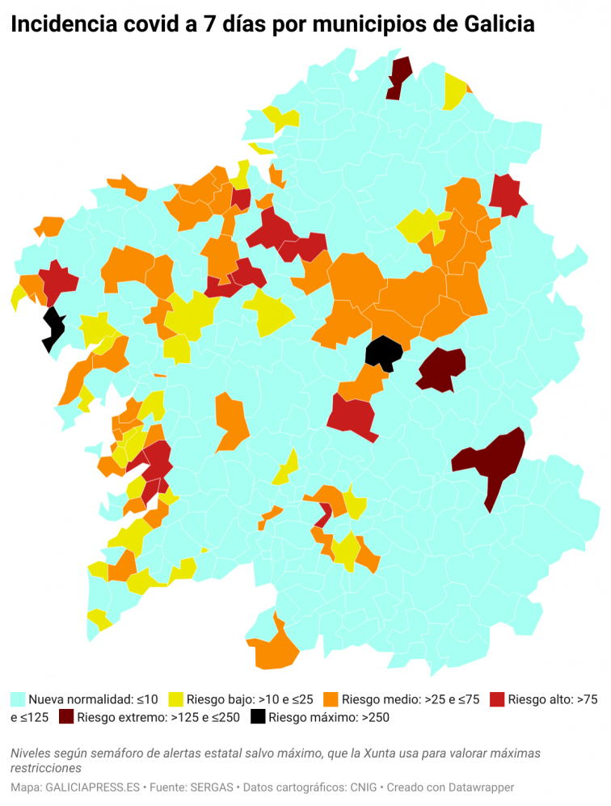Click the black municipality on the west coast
(54, 327)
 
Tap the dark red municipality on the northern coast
(398, 75)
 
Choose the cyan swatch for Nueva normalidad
(18, 698)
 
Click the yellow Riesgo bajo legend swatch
(175, 698)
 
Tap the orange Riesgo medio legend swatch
(331, 698)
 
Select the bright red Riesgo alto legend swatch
(497, 698)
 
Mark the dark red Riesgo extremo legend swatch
(65, 716)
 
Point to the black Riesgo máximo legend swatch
(258, 716)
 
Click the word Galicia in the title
(499, 25)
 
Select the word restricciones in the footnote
(46, 767)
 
